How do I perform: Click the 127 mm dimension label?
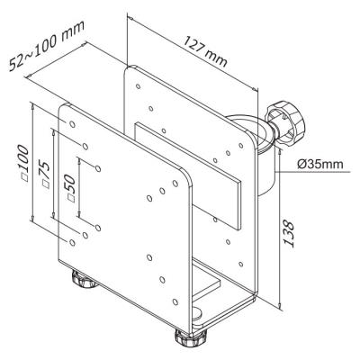click(x=205, y=51)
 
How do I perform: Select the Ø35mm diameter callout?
click(x=320, y=164)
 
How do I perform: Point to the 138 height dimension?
click(x=289, y=234)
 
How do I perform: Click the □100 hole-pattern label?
click(x=24, y=163)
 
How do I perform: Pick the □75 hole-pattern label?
click(x=43, y=175)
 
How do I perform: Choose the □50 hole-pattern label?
click(x=68, y=188)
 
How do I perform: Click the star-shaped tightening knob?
click(x=284, y=123)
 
